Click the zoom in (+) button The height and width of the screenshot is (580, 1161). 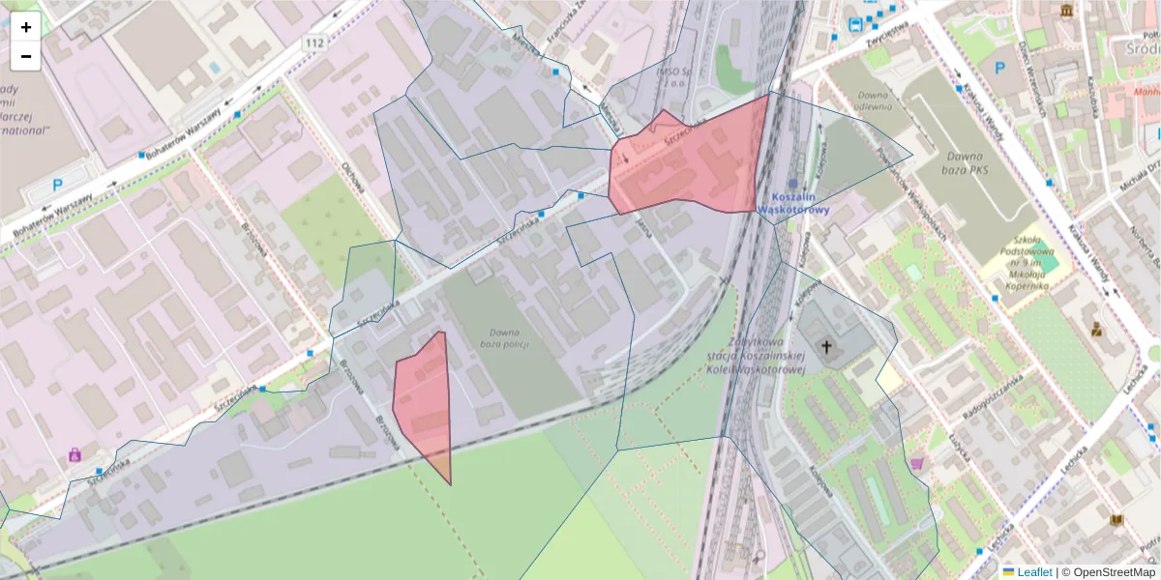coord(26,27)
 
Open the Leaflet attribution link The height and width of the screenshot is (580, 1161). coord(1034,572)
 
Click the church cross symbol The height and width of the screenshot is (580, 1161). coord(826,346)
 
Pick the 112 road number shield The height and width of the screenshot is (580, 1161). coord(313,43)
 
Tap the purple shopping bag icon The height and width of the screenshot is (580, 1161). coord(74,454)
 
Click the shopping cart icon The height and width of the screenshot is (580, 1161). coord(916,463)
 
